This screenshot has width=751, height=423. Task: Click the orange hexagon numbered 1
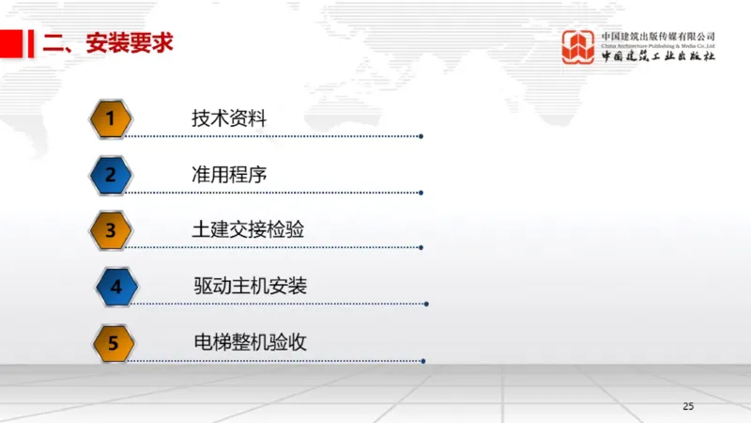(x=110, y=118)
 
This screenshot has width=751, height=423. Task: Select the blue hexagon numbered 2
(x=110, y=174)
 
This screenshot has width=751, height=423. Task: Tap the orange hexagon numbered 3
(x=110, y=230)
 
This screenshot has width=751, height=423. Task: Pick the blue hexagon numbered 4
(x=116, y=287)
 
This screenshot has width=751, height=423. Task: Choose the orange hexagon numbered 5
(x=113, y=343)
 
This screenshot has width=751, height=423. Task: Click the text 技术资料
(x=229, y=118)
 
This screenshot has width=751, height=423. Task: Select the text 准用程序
(x=229, y=174)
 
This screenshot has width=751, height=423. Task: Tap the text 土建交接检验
(x=248, y=230)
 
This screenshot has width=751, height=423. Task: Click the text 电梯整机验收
(x=249, y=343)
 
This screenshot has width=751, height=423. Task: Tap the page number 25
(x=688, y=406)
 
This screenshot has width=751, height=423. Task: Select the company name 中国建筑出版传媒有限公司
(x=658, y=36)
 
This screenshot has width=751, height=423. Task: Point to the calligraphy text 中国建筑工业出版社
(x=658, y=56)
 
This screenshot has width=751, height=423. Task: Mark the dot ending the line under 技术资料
(x=421, y=136)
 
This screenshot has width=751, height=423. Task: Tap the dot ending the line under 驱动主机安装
(x=426, y=305)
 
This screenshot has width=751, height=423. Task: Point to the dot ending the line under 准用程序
(x=421, y=192)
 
